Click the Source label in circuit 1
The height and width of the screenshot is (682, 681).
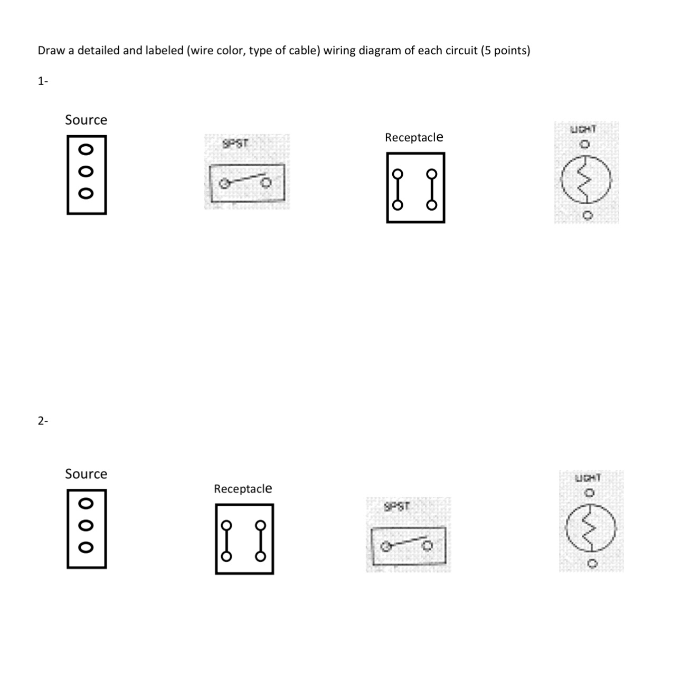(x=86, y=120)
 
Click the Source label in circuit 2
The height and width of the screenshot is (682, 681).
(x=86, y=474)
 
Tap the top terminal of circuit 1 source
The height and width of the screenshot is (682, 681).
(x=86, y=149)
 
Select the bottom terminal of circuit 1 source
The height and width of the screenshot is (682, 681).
(x=86, y=193)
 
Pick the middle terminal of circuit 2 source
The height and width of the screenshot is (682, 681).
(x=86, y=525)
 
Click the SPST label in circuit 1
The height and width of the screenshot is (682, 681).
(x=235, y=144)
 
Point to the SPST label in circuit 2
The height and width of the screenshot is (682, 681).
(x=397, y=507)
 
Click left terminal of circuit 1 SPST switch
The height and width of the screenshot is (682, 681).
(x=224, y=183)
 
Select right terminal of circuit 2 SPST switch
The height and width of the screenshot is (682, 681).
(x=428, y=546)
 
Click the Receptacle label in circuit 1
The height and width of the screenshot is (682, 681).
(x=414, y=138)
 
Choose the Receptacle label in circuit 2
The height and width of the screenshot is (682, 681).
(x=243, y=489)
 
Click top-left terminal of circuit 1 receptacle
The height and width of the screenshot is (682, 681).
(x=398, y=174)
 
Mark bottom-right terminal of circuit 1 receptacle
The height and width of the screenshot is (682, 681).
(x=432, y=205)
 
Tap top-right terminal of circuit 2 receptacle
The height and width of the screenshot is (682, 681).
(x=260, y=525)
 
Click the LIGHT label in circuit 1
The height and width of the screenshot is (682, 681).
(x=583, y=129)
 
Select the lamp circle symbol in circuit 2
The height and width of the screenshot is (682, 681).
(x=591, y=527)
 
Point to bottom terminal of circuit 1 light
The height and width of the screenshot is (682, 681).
(x=587, y=215)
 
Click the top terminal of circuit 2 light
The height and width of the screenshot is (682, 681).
(x=590, y=493)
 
